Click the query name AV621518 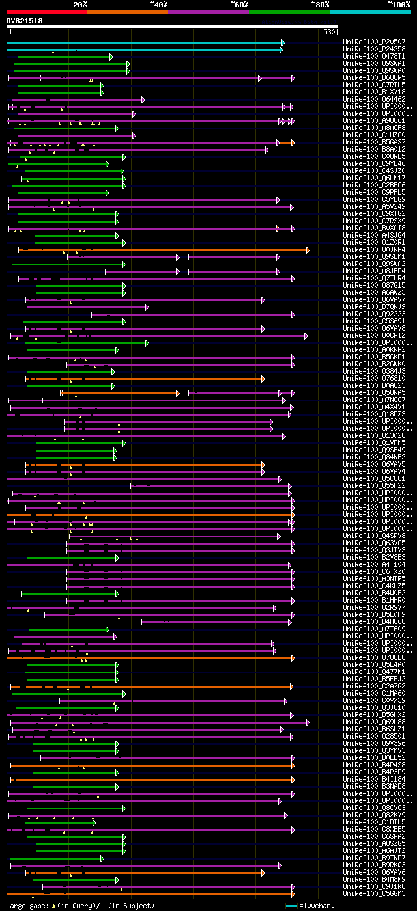click(x=24, y=21)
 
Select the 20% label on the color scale click(x=80, y=4)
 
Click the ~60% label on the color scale click(x=239, y=4)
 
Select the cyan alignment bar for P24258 click(x=143, y=49)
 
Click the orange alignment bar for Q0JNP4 click(x=163, y=249)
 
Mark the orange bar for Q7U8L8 click(x=150, y=657)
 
